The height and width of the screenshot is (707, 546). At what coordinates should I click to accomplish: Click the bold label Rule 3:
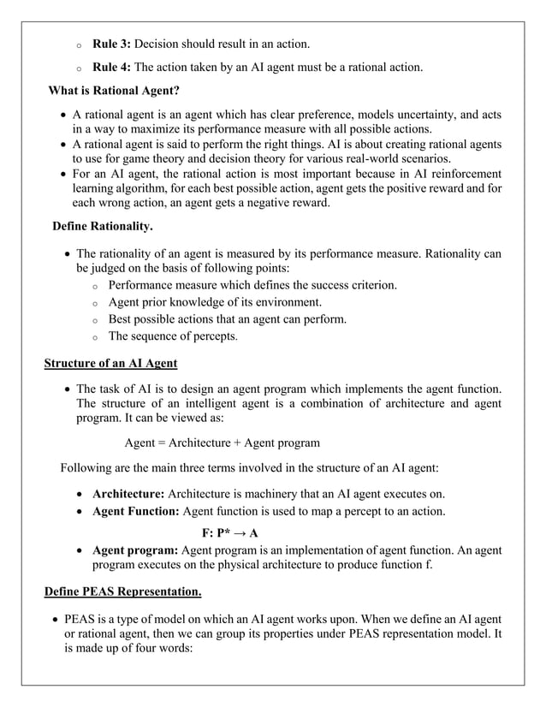tap(111, 43)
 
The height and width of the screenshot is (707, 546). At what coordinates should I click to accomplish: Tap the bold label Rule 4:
tap(111, 68)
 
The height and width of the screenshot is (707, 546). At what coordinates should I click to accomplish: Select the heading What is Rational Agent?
tap(114, 92)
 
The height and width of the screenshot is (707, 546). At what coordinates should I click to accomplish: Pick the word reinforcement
tap(464, 175)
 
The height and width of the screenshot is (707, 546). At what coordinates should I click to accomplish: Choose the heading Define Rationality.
tap(103, 228)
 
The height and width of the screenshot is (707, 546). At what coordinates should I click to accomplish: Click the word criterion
tap(370, 284)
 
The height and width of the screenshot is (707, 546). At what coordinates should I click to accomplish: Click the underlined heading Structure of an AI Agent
tap(110, 363)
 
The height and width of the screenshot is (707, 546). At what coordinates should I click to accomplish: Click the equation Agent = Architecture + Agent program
tap(222, 443)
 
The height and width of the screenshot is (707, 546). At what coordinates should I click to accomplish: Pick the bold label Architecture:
tap(128, 495)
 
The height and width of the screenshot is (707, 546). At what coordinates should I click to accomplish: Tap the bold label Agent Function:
tap(135, 512)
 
